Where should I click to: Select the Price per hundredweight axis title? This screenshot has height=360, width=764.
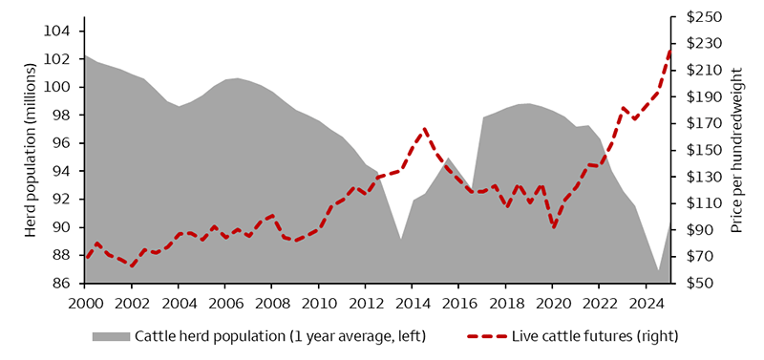[x=736, y=150]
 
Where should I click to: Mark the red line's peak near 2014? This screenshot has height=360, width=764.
[x=424, y=129]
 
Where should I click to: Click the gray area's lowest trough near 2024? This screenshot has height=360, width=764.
[x=658, y=272]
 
